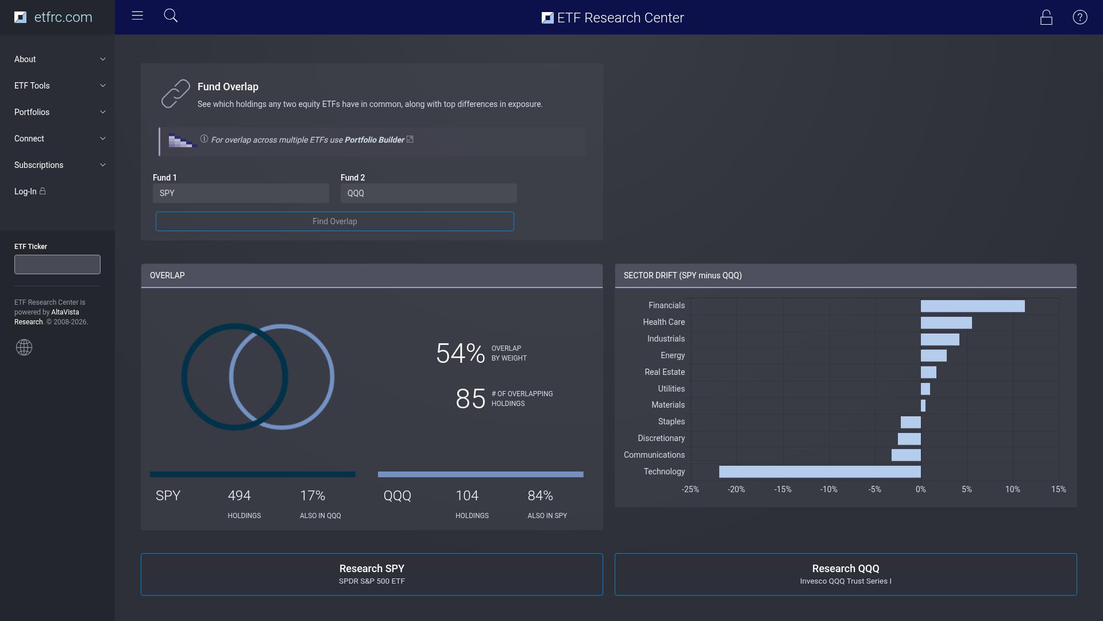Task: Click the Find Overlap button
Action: [334, 221]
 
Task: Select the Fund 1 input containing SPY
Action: [241, 193]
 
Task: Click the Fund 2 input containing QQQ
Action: [429, 193]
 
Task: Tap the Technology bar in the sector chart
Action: [820, 472]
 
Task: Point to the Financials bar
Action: [973, 306]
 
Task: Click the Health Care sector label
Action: [664, 322]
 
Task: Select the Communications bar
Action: [906, 455]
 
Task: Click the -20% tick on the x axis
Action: [736, 489]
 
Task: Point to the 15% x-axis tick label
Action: [1059, 489]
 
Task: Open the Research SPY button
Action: [372, 574]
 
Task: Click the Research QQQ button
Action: [846, 574]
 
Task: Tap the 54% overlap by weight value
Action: [460, 353]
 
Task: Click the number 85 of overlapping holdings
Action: [470, 398]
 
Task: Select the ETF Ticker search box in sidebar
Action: [57, 264]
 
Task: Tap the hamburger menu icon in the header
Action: [137, 16]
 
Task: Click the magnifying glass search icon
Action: [171, 16]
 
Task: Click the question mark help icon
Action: [1080, 17]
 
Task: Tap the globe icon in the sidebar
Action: [24, 347]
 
